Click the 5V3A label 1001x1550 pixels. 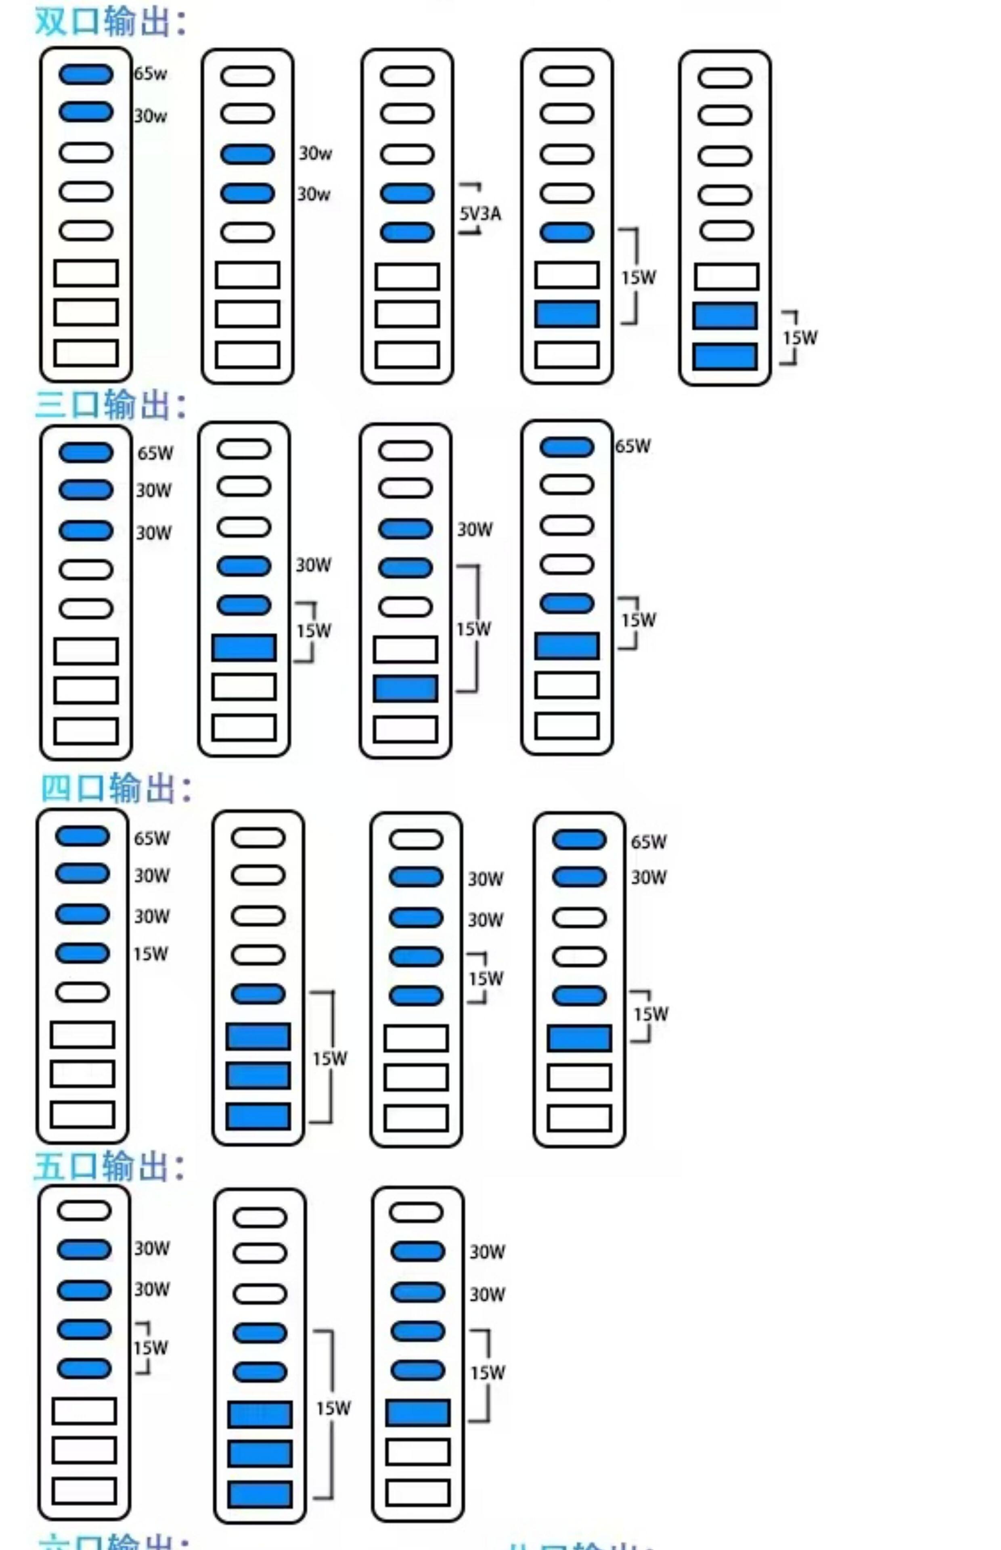480,213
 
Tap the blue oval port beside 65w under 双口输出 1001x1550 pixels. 86,74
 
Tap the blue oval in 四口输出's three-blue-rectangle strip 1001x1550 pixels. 258,994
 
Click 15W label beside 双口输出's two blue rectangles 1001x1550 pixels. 800,338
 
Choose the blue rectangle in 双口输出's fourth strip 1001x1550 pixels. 567,314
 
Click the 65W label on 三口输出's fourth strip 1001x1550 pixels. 632,446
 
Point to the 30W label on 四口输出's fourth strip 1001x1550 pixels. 648,878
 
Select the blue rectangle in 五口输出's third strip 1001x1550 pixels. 417,1413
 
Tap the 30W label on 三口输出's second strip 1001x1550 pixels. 313,565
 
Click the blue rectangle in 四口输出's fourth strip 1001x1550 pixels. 578,1038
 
